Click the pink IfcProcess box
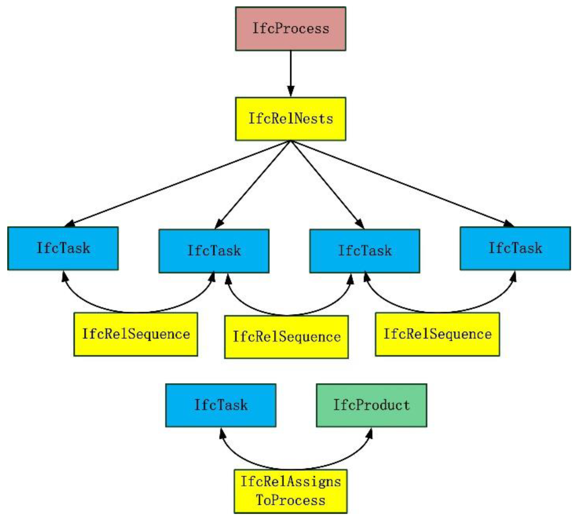click(x=291, y=29)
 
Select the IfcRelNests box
click(x=291, y=119)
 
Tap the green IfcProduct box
click(x=372, y=405)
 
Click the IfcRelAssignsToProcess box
click(x=291, y=491)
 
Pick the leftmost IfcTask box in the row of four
click(x=63, y=248)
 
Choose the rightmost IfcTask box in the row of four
click(x=515, y=248)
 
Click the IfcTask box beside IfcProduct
click(x=221, y=405)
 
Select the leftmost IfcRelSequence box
click(x=136, y=334)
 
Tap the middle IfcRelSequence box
click(x=286, y=337)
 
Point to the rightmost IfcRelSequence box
click(x=437, y=334)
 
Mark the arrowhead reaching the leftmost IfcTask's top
click(x=69, y=224)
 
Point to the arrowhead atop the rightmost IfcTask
click(x=509, y=224)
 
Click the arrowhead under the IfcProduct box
click(x=370, y=433)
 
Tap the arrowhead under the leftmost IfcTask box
click(x=65, y=276)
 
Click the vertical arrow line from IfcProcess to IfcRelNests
click(x=291, y=69)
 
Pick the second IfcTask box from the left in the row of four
click(x=214, y=251)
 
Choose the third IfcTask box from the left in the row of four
click(x=365, y=251)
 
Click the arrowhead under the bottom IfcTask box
click(x=222, y=433)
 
